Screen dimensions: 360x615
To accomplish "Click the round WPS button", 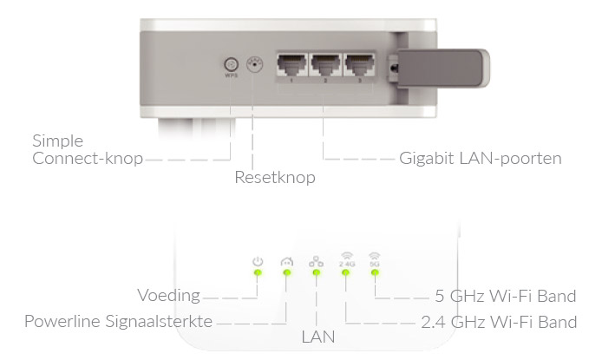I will tap(231, 64).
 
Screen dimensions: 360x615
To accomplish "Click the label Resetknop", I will tap(274, 178).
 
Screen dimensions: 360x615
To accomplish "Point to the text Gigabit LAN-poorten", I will tap(481, 159).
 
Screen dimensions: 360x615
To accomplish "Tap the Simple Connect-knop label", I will tap(87, 149).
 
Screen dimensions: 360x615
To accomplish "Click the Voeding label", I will tap(169, 296).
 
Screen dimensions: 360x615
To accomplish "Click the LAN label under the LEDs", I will tap(317, 335).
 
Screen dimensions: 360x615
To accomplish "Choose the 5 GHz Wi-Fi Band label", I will tap(506, 296).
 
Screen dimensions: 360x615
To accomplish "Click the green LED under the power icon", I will tap(257, 274).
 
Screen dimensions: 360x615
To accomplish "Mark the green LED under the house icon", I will tap(286, 274).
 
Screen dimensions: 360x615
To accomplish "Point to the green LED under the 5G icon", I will tap(376, 274).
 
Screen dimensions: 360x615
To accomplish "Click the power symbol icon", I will tap(257, 260).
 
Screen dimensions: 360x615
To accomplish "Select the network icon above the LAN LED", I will tap(316, 260).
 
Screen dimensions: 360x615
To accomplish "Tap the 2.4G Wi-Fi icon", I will tap(346, 259).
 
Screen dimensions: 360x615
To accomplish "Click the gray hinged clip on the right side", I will tap(442, 66).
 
